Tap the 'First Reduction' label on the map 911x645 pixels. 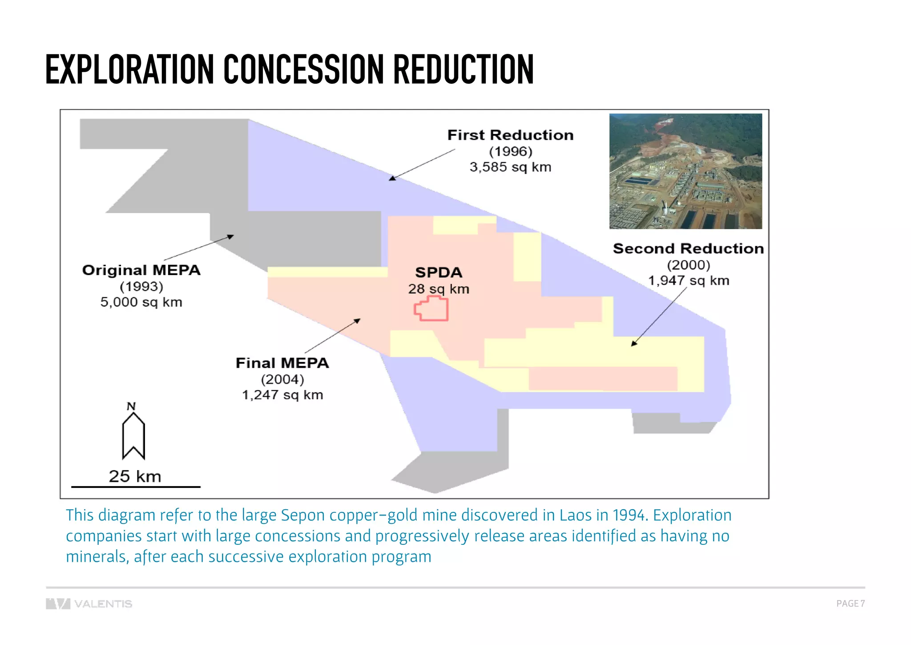[510, 135]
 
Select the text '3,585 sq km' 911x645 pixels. [510, 167]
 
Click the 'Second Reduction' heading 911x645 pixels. [688, 248]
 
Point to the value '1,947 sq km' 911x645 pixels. [688, 280]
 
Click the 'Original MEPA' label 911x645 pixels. [141, 270]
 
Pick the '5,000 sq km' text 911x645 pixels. [141, 302]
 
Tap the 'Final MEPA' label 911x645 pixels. [282, 363]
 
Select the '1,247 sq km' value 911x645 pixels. [282, 395]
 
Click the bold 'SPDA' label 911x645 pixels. [439, 272]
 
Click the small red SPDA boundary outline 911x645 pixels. [431, 308]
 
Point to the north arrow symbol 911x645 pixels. [133, 435]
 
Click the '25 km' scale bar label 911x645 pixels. [135, 476]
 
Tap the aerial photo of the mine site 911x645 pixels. [685, 171]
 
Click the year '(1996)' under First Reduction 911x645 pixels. [510, 151]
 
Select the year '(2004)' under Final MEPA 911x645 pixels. [282, 379]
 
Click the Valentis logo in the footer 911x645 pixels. [89, 604]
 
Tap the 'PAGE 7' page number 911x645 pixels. [850, 604]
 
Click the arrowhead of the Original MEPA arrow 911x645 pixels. [230, 236]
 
